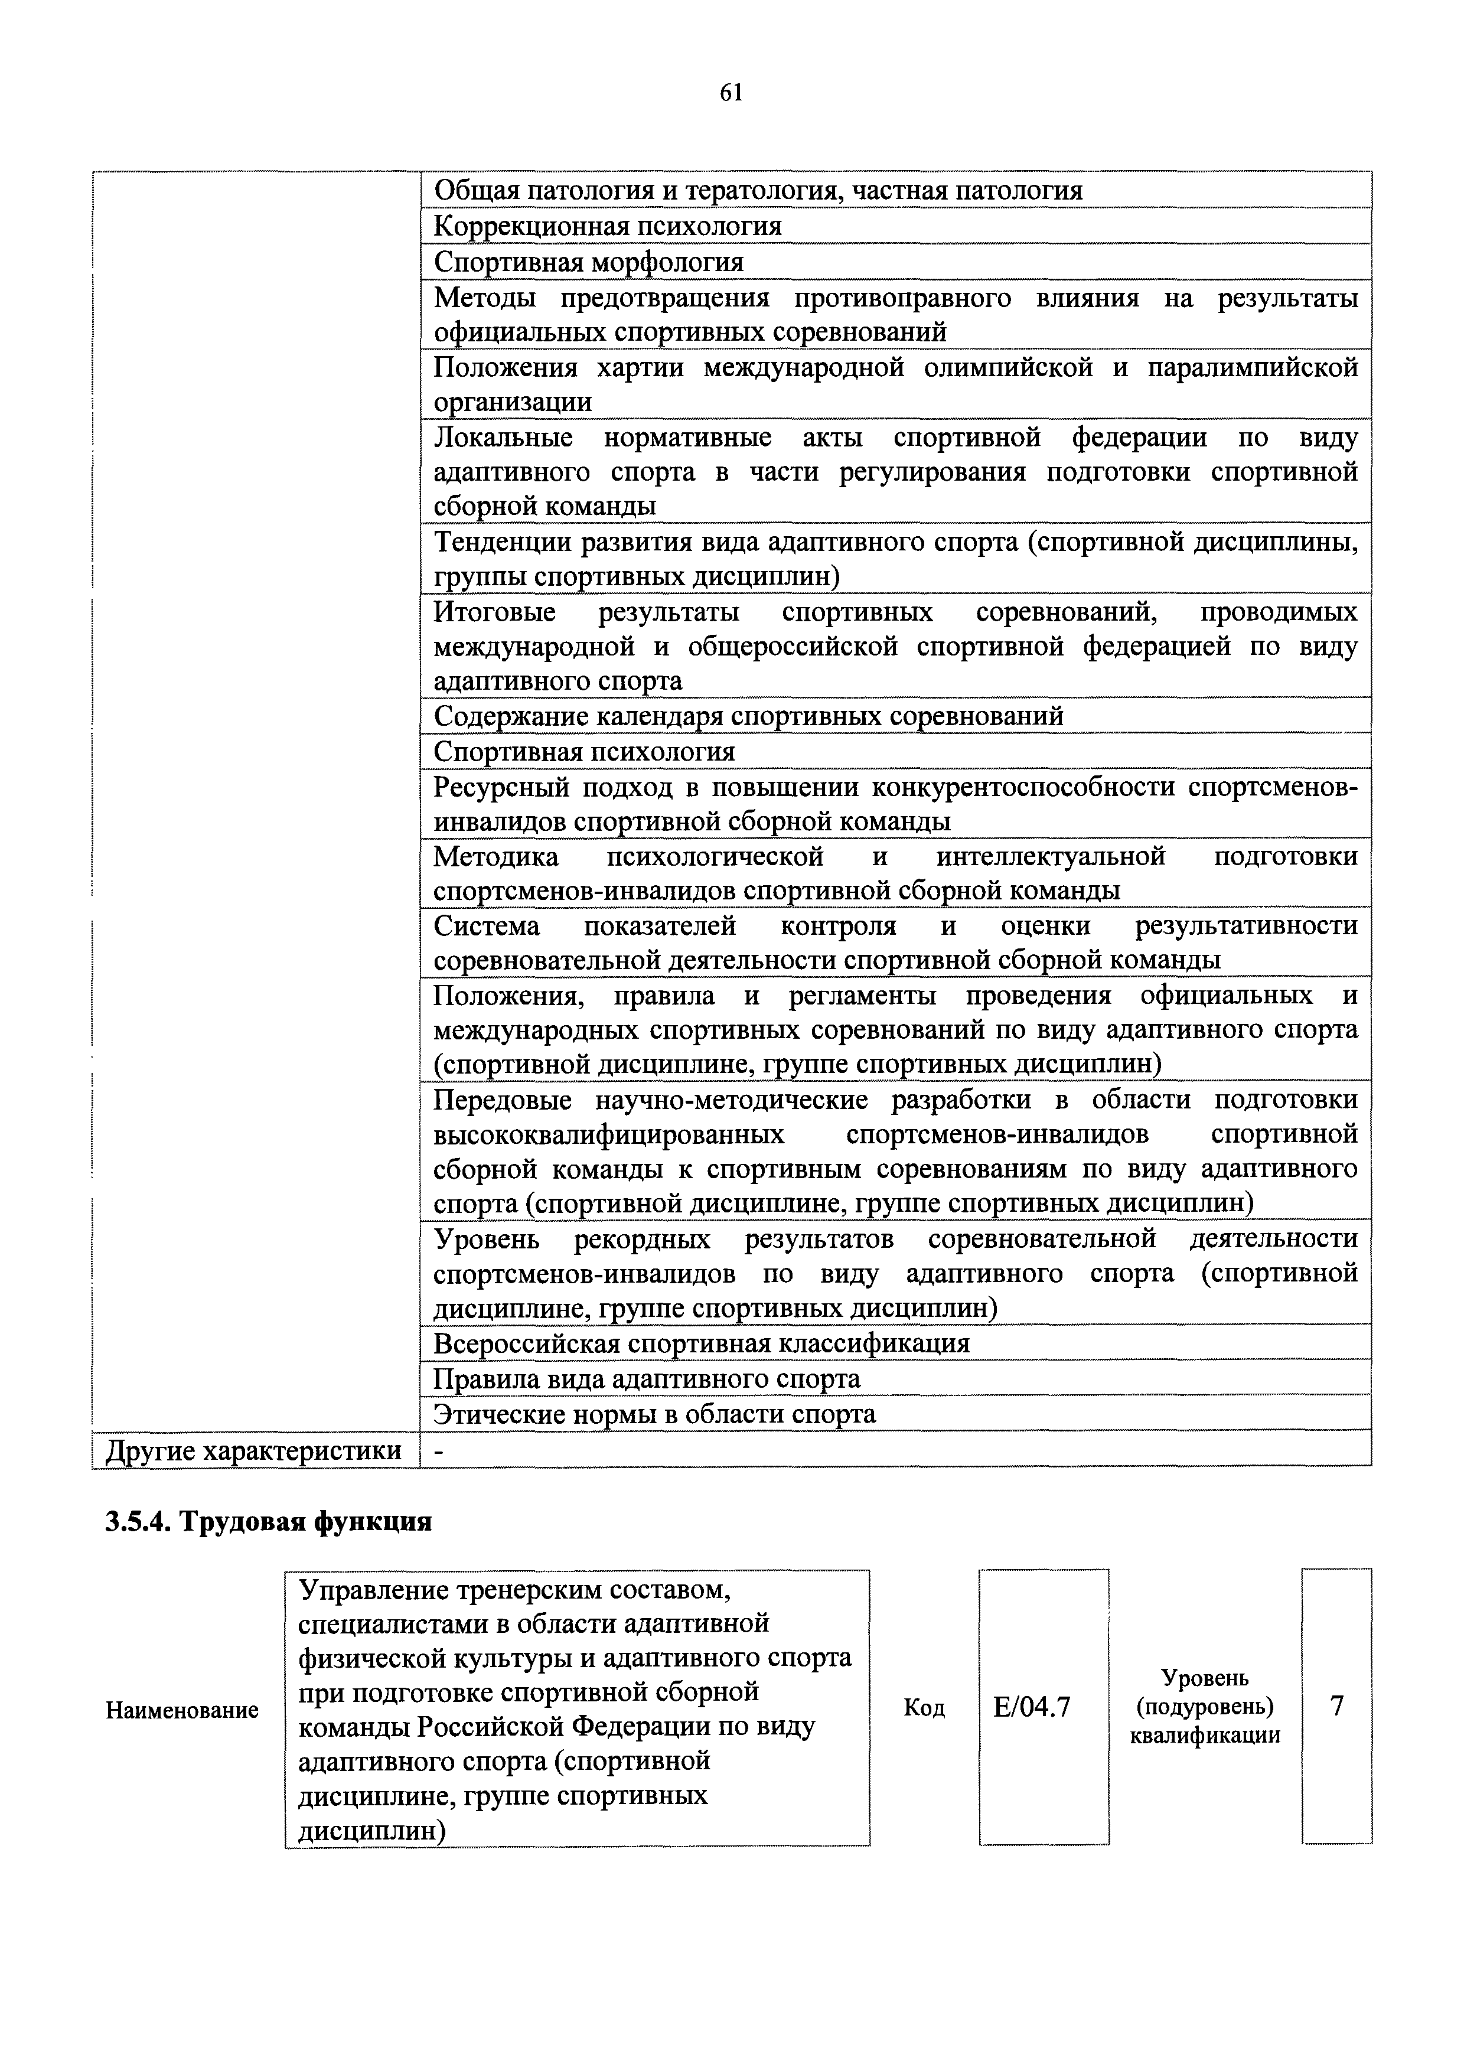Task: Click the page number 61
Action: [731, 92]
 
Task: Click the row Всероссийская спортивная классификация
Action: [701, 1343]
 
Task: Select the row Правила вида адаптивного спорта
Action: [646, 1378]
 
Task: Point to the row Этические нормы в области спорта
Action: [654, 1413]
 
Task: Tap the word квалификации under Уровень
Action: [1205, 1734]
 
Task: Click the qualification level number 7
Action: [1337, 1705]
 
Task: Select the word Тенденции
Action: [497, 542]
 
